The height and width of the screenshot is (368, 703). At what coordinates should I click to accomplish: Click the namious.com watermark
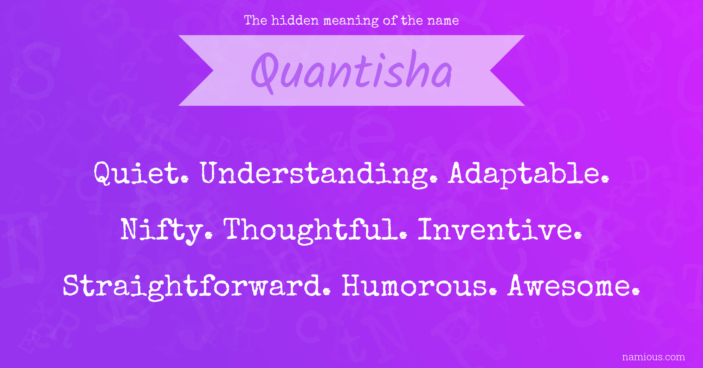653,357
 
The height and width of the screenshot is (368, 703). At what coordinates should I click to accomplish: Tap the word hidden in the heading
295,20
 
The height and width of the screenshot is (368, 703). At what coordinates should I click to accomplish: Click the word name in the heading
443,21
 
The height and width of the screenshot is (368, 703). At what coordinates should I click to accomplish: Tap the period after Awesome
636,292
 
